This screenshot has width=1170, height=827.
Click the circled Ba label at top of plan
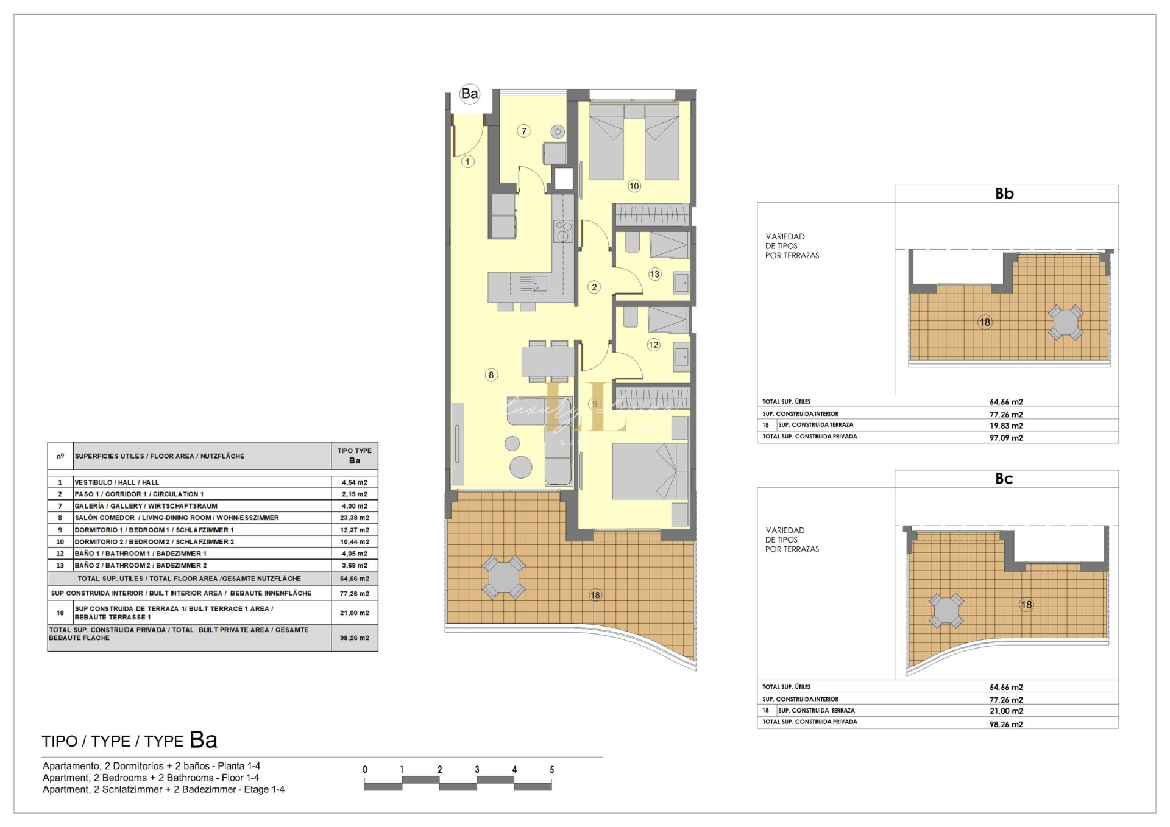(469, 94)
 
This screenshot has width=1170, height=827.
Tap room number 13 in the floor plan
(654, 274)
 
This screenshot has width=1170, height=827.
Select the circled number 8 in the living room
(491, 375)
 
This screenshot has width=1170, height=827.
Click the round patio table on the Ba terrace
(503, 577)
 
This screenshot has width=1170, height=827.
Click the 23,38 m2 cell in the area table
(355, 518)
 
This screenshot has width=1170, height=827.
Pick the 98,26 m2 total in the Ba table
(355, 638)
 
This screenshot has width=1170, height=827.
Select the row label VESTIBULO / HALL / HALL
(116, 482)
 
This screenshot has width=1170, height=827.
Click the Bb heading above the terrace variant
(1004, 194)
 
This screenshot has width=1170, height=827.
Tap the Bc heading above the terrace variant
(1004, 479)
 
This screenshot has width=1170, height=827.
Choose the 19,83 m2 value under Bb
(1006, 426)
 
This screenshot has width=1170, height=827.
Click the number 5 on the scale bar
(552, 770)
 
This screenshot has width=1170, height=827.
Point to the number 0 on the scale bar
(365, 770)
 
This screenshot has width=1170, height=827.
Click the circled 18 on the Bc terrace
(1027, 605)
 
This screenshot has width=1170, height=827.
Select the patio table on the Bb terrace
(1066, 322)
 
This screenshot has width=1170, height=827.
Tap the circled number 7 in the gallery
(523, 131)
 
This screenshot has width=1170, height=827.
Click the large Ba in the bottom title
(204, 740)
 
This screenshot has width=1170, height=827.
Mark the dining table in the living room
(548, 361)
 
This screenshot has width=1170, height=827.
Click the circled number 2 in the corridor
(594, 287)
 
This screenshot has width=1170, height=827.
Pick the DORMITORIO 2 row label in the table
(154, 541)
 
